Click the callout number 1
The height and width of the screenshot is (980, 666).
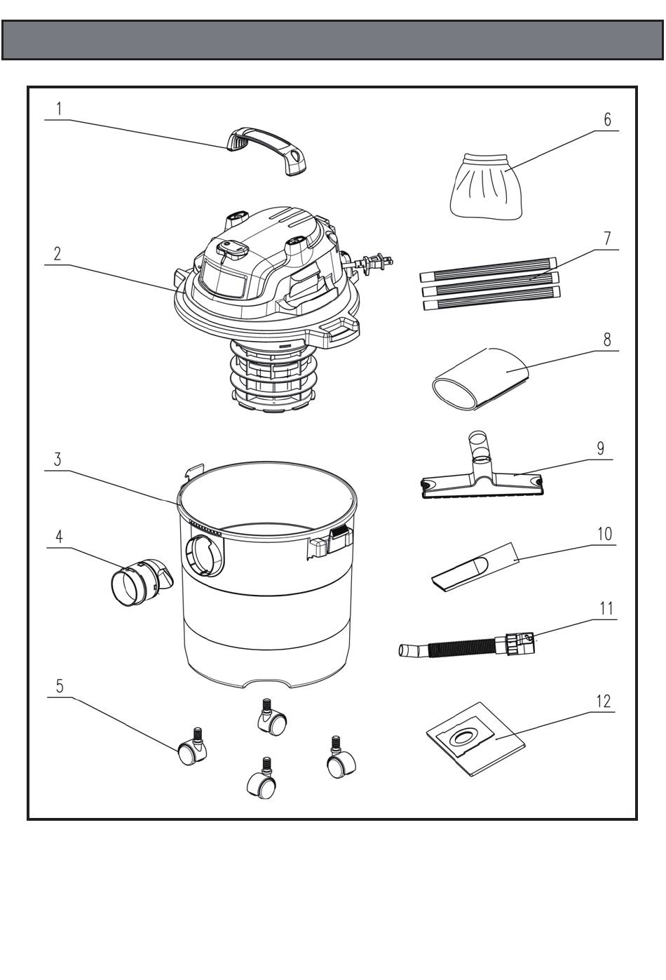tap(59, 109)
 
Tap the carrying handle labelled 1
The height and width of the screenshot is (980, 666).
tap(267, 145)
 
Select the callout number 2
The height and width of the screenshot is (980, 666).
tap(57, 253)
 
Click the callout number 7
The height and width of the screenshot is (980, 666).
tap(607, 239)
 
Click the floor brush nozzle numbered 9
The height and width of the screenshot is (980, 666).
tap(480, 480)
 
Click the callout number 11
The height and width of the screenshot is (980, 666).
tap(606, 608)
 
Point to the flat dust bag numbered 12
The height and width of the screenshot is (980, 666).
tap(475, 739)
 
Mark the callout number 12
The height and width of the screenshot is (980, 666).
tap(603, 702)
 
